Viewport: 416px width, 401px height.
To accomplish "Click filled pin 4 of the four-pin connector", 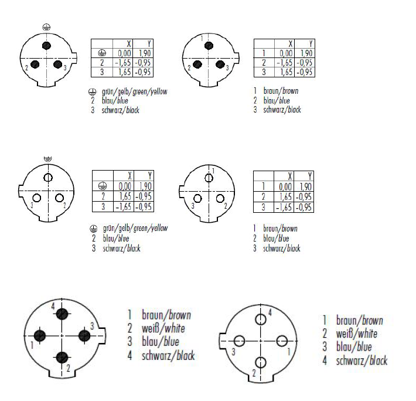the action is (x=62, y=314).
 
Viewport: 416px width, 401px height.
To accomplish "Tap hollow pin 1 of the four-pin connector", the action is (x=282, y=341).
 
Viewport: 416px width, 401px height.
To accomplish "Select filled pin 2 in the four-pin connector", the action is (x=62, y=358).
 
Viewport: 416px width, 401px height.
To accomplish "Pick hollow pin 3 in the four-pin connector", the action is (x=239, y=341).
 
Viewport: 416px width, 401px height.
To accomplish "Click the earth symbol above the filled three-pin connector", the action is (x=46, y=27).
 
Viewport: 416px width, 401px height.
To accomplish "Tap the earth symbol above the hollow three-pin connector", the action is (x=48, y=159).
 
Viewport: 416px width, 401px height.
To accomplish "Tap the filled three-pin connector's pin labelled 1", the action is (x=209, y=46).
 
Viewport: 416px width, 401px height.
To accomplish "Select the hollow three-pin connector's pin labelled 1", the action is (x=209, y=178).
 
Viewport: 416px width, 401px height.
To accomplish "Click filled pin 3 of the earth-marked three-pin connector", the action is (x=57, y=64).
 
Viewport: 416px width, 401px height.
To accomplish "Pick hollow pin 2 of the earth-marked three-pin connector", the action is (x=59, y=198).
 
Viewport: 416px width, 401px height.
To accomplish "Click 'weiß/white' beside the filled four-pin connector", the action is (x=163, y=328).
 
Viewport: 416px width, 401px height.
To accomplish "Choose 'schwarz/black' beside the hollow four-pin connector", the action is (x=362, y=361).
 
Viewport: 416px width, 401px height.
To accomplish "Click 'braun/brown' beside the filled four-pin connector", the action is (x=166, y=315).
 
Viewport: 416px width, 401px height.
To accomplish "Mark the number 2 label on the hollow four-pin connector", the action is (x=254, y=373).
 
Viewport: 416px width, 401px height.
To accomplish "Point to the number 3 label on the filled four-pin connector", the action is (x=92, y=325).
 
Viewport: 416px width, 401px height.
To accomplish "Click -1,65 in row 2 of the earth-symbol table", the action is (x=123, y=63).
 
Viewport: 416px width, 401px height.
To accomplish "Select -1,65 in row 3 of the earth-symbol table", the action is (x=124, y=207).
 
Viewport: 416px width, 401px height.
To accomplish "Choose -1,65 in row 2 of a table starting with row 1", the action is (x=284, y=63).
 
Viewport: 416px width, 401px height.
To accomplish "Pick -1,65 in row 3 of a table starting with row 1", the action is (x=284, y=208).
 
